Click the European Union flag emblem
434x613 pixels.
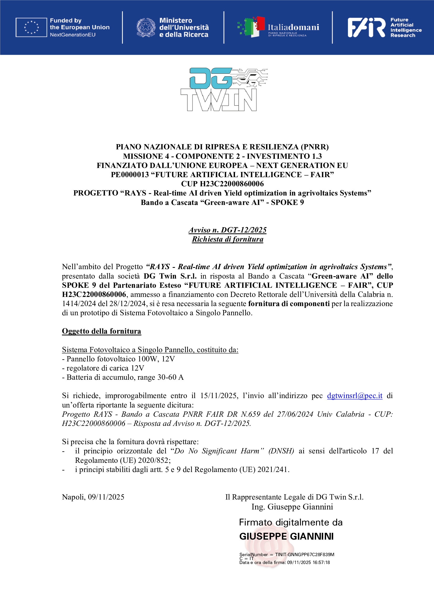31,27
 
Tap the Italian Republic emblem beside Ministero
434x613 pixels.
146,27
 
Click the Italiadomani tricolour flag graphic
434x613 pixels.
252,27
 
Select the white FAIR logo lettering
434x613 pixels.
366,27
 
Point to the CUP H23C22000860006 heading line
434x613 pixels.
222,184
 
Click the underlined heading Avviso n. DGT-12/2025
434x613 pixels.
227,230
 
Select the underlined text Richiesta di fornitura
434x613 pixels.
227,239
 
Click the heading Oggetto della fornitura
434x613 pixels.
101,331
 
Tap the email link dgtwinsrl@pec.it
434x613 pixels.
355,395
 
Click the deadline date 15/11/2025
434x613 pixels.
219,395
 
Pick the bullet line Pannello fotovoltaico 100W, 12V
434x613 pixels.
118,359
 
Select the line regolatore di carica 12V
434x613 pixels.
103,368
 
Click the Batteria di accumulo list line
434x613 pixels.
123,377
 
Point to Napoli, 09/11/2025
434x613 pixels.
93,497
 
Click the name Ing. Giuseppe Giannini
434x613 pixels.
292,507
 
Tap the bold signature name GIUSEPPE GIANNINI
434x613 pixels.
286,536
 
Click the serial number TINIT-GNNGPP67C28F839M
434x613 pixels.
305,555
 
